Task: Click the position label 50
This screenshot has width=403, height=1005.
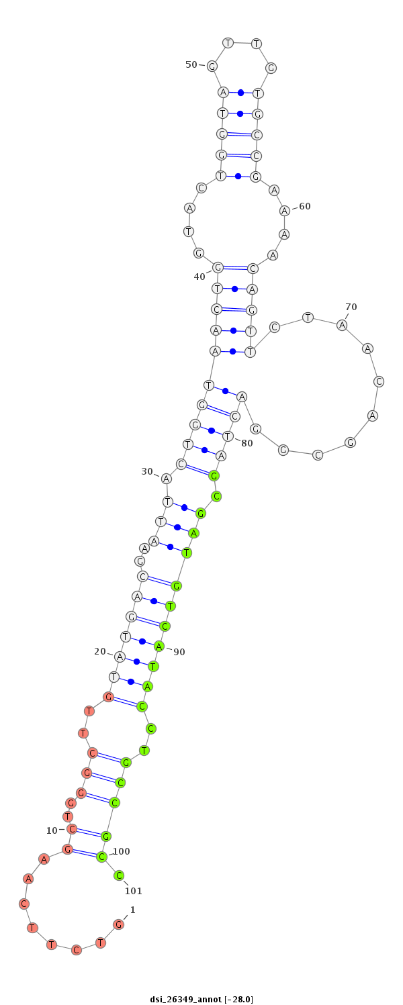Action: coord(191,64)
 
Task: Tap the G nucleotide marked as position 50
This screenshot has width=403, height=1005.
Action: coord(212,66)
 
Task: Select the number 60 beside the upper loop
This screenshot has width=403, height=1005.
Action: coord(305,206)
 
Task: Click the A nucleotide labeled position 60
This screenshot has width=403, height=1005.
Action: coord(285,210)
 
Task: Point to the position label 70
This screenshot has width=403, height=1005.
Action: coord(351,307)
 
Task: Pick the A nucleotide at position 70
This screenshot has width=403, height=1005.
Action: coord(342,325)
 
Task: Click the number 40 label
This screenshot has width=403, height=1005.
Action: coord(199,277)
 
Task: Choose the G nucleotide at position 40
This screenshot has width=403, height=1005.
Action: coord(218,268)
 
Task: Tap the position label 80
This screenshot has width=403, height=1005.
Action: coord(247,443)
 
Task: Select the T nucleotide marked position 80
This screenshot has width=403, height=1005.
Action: coord(228,436)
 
